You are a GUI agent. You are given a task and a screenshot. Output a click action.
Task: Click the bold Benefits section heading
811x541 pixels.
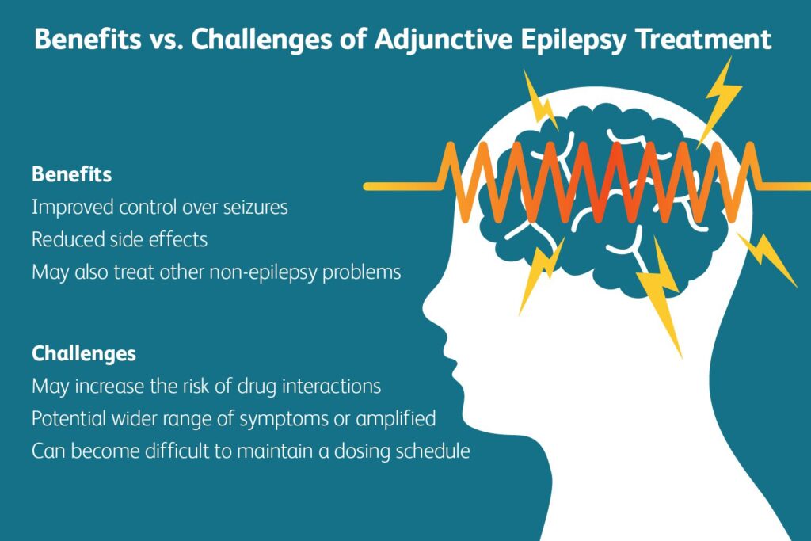click(x=71, y=173)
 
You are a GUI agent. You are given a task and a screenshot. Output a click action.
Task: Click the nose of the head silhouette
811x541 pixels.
click(x=426, y=305)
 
